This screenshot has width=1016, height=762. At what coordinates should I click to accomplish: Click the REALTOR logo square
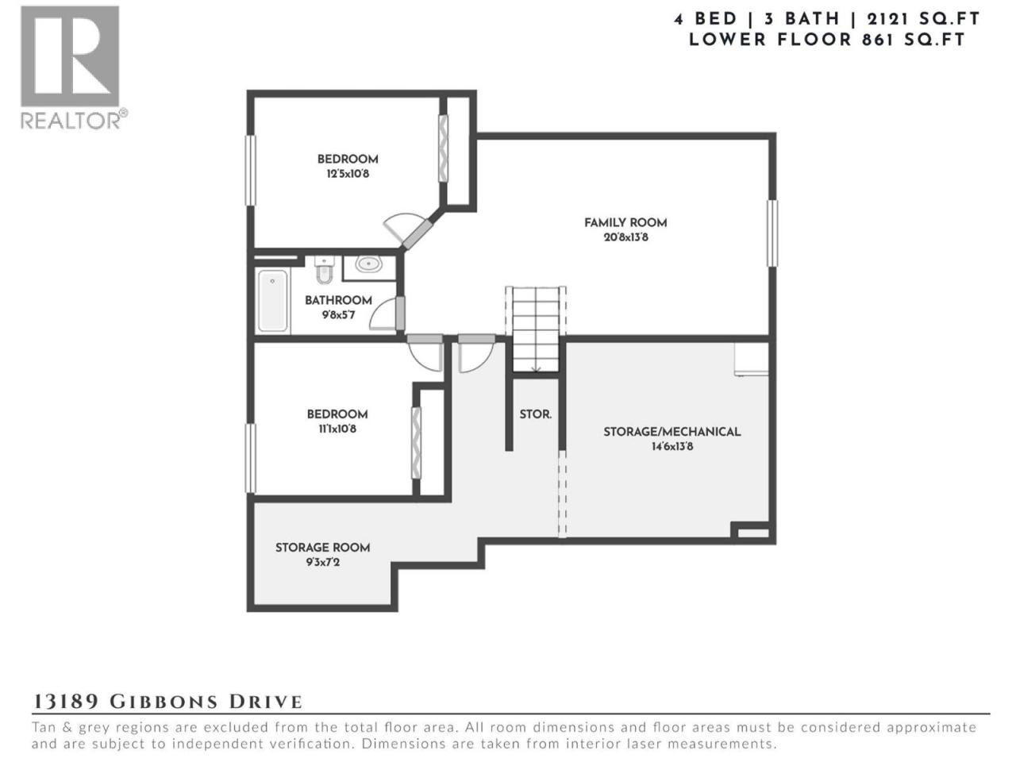point(69,56)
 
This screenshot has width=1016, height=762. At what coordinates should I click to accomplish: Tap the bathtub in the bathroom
point(272,301)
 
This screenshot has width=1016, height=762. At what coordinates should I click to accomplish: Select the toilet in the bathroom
point(324,269)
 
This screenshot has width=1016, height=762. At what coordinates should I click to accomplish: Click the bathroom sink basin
point(368,264)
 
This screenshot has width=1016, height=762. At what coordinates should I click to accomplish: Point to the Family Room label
point(625,223)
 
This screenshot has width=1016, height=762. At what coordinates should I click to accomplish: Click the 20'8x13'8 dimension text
point(625,238)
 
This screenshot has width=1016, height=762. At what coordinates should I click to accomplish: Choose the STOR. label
point(535,414)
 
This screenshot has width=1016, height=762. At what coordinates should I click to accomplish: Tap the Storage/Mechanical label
point(672,432)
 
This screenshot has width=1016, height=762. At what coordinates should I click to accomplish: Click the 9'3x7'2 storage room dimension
point(322,563)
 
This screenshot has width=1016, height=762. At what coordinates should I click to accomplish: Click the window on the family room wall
point(772,233)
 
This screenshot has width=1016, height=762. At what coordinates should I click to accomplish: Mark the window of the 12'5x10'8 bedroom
point(250,170)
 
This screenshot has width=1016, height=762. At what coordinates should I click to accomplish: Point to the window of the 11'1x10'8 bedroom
point(250,458)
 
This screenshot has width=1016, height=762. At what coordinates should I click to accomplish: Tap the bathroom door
point(400,313)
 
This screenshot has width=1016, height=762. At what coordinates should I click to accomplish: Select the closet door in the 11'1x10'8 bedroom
point(416,443)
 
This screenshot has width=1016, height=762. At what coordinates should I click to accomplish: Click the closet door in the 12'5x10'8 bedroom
point(443,148)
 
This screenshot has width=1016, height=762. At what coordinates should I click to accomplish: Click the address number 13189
point(66,702)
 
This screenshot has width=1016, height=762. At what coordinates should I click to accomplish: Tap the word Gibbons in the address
point(164,702)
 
